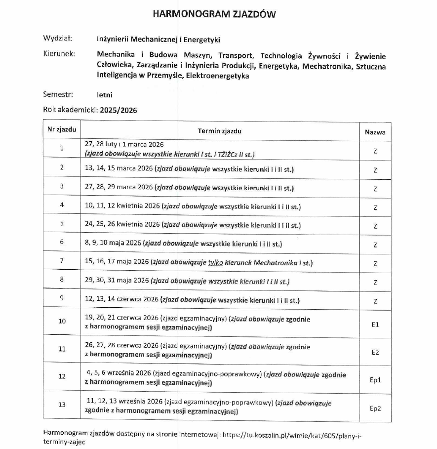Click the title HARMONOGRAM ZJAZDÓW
214,14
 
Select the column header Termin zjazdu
220,131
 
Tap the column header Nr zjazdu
62,131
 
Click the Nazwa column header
375,132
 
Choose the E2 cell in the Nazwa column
375,352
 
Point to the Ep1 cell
375,380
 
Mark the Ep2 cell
375,408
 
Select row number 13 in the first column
62,405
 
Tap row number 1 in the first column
62,148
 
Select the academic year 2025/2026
118,110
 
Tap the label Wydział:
58,38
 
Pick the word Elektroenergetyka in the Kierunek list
216,76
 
